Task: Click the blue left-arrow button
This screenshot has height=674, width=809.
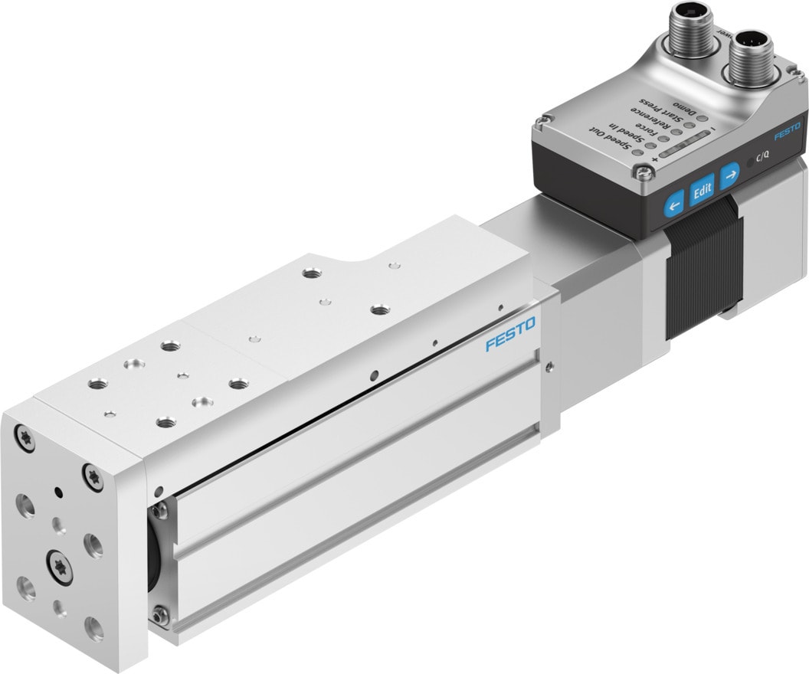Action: click(x=674, y=204)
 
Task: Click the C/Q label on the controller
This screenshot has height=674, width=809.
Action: click(x=763, y=158)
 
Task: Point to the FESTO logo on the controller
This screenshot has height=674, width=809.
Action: click(x=786, y=132)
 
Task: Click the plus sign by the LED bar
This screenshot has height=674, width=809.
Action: click(x=654, y=159)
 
